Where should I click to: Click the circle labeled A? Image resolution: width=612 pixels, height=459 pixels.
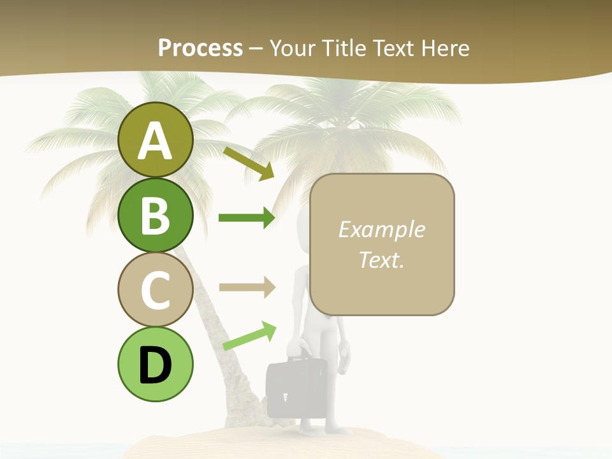(155, 140)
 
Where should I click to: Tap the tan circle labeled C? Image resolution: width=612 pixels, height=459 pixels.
(155, 289)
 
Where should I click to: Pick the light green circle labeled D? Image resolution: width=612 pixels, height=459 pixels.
(155, 364)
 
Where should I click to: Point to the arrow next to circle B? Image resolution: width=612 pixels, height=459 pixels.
(247, 218)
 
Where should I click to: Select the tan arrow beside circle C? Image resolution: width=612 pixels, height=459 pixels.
(247, 287)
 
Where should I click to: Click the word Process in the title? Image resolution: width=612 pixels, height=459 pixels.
(200, 48)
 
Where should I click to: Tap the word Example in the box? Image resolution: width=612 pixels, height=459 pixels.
(381, 229)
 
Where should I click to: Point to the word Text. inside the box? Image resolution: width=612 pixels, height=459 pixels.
(381, 259)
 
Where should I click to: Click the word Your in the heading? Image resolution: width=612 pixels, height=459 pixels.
(293, 48)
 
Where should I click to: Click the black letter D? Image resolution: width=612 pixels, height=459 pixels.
(155, 365)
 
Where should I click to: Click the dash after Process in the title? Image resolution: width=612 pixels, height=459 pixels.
(256, 48)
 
